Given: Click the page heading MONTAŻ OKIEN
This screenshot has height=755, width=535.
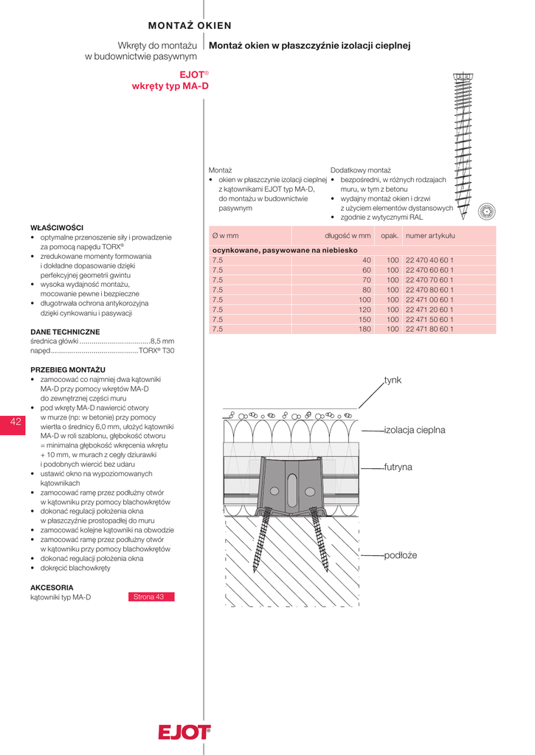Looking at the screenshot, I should pos(190,26).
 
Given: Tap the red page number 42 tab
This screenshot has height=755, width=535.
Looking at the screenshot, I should pos(15,422).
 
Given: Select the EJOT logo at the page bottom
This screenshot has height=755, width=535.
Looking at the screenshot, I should pos(184,732).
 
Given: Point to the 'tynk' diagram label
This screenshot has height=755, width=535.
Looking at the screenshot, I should pos(393,380).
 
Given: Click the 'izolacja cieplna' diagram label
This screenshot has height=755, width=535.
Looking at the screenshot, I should pos(414,429).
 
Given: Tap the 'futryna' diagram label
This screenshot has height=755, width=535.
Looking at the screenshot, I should pos(398,467).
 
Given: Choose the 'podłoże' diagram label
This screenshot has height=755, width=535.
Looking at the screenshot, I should pos(401,554).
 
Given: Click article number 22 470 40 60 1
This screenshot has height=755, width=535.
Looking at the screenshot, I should pos(429,260).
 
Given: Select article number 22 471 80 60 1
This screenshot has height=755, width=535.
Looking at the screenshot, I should pos(429,329).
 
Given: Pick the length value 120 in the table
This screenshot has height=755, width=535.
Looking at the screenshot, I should pos(365,310).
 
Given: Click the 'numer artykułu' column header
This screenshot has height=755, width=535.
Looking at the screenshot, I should pos(430,235).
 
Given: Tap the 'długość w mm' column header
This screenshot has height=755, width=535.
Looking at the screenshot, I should pos(348,235).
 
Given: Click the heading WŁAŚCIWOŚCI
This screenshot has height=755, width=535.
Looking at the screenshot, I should pos(57,227).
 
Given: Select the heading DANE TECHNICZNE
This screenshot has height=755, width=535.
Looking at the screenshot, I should pos(65,332).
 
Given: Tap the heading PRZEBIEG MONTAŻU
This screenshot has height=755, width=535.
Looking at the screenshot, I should pos(68,369).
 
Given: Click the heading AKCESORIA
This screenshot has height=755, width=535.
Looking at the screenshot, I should pos(52,587).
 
